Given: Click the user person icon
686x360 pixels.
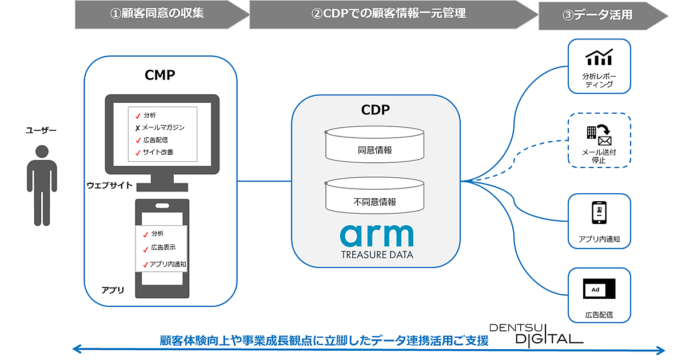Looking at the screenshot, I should coord(42,184).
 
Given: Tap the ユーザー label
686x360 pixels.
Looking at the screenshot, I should coord(41,131).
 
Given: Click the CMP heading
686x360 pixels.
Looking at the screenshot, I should coord(160,75).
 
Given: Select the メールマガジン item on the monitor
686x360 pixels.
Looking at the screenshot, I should coord(163,127).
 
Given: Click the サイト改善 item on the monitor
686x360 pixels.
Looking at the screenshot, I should coord(158,152).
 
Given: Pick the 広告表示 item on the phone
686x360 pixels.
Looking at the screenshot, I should coord(162,247).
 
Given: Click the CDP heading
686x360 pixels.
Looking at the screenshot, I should coord(376,109).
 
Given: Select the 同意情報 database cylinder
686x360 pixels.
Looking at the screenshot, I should coord(376,145).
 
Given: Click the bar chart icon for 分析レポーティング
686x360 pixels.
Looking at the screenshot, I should coord(599,57).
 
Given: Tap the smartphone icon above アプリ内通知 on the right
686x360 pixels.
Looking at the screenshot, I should coord(599,213).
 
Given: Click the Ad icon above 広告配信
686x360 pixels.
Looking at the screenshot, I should coord(599,289).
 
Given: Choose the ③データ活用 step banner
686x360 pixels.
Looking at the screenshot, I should coord(603,15).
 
